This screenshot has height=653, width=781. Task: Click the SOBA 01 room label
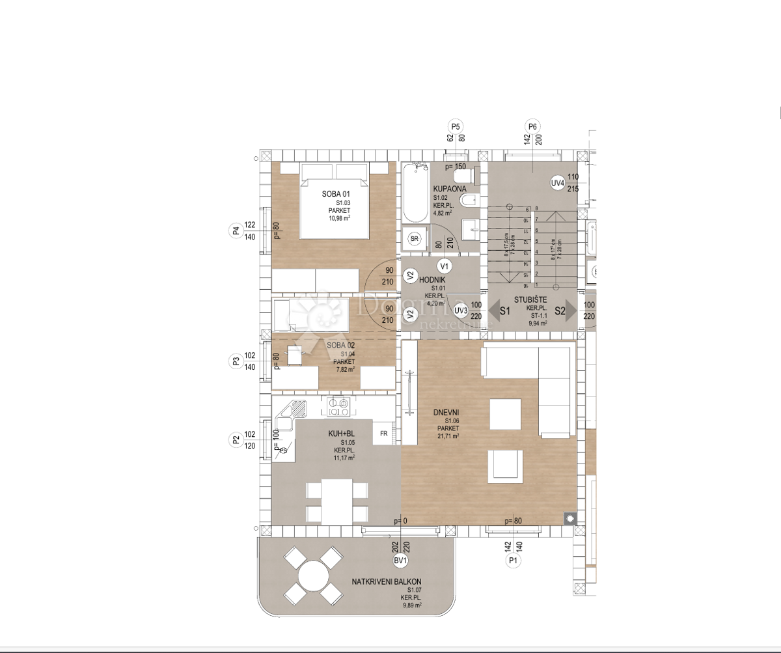[336, 194]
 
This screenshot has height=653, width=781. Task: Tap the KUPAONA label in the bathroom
[450, 189]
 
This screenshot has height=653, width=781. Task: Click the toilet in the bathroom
[463, 175]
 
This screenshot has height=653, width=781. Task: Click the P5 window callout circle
[456, 127]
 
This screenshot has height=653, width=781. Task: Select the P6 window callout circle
[532, 127]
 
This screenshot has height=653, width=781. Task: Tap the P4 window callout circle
[236, 230]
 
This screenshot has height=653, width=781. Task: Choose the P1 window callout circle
[513, 560]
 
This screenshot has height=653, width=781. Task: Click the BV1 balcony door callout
[400, 561]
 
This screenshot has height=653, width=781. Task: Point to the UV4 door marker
[557, 183]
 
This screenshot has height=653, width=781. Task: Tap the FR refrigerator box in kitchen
[384, 433]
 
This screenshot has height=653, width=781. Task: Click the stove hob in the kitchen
[338, 406]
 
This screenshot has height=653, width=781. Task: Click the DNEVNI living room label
[446, 412]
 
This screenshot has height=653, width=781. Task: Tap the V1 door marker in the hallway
[445, 266]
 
